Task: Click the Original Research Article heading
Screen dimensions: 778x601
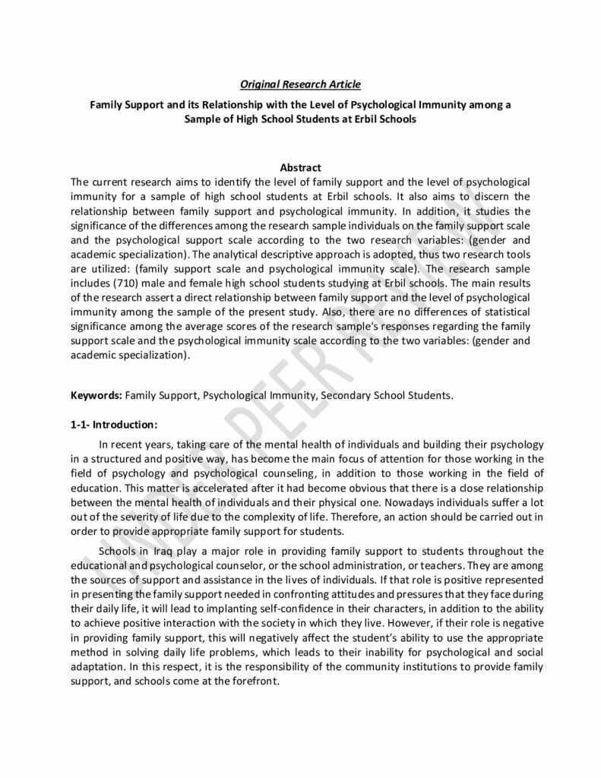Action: point(300,83)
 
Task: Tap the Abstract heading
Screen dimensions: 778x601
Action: point(300,167)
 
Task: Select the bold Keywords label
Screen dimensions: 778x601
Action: point(96,395)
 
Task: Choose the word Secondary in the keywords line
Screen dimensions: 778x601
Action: point(347,395)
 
